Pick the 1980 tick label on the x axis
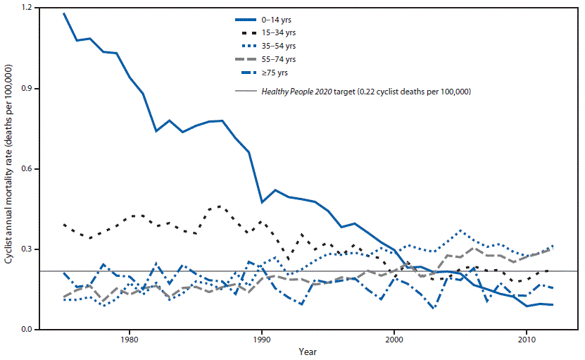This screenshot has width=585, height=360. click(129, 339)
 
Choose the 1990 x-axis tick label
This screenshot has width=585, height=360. click(262, 339)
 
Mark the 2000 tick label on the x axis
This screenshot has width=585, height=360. click(394, 339)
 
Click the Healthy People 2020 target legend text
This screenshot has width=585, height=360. click(365, 92)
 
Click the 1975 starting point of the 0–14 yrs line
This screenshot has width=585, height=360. click(63, 13)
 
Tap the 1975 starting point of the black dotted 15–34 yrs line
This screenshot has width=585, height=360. click(63, 224)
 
